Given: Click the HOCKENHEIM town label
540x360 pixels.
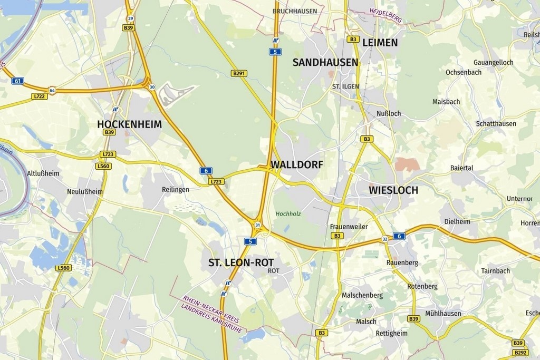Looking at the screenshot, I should (129, 124).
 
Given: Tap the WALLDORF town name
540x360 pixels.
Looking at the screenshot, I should (296, 164).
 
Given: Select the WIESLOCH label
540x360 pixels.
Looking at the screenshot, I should (393, 190).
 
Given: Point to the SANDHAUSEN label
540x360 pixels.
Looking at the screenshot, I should (325, 62).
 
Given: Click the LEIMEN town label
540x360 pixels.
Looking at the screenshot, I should (380, 43).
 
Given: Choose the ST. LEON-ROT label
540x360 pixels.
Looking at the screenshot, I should (241, 262).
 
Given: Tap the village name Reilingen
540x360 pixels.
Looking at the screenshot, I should (175, 189).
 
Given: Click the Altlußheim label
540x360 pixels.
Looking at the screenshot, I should (43, 173).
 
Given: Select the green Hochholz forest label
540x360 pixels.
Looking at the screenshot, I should (288, 213).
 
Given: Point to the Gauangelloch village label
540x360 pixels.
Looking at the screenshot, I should (493, 62).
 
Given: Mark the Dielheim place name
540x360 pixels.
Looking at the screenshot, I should (457, 221).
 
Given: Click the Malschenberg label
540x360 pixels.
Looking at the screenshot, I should (362, 295).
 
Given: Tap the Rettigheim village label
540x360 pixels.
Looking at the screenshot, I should (391, 333).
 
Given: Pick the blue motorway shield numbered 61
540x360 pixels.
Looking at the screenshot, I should (17, 81).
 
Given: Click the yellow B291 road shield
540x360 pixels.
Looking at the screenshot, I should (239, 73).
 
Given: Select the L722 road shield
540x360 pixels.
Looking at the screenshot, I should (39, 96).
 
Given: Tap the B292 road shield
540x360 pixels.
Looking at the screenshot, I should (520, 352).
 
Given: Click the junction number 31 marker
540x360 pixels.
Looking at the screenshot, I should (257, 225).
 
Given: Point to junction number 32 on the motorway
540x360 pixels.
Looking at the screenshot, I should (384, 239).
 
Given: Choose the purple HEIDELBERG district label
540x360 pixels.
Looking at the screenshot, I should (385, 15).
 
